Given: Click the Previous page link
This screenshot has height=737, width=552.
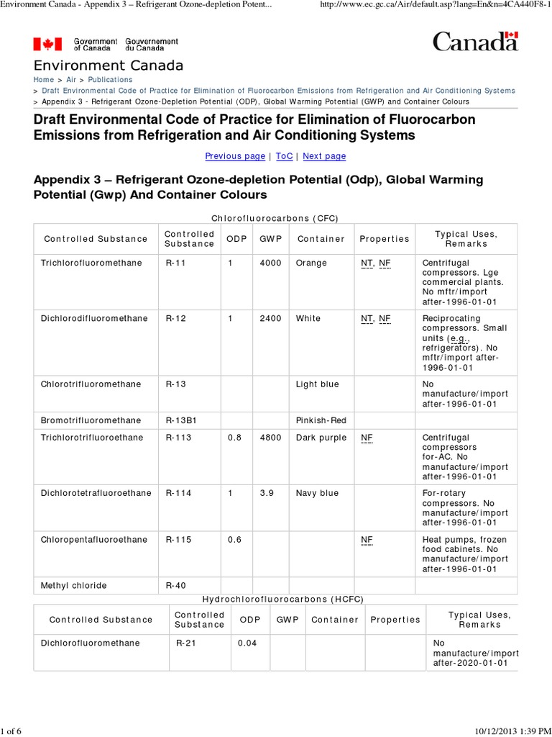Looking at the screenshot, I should point(235,156).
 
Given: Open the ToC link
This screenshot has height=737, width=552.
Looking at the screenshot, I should point(284,156).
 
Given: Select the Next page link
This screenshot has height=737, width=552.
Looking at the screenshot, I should point(324,156).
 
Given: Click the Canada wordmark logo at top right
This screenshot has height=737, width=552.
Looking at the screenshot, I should point(474,42).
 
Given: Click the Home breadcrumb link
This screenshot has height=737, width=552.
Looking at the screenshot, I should point(43,80).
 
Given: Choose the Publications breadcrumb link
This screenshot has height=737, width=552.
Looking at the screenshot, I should point(110,80).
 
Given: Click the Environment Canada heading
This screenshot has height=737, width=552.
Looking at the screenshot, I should point(108,65).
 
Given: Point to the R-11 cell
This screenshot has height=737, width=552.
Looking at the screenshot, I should point(175,263).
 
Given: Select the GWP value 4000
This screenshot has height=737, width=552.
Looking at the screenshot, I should point(270,263).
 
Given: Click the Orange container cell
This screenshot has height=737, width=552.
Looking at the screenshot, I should point(311,263).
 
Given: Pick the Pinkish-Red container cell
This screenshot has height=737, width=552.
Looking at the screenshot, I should point(321,420).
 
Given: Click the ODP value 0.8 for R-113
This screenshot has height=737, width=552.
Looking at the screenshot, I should point(234,438).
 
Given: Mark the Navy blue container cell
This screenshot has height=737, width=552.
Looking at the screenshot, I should point(317,493).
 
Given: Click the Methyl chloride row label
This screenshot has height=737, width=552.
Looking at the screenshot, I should point(73,586).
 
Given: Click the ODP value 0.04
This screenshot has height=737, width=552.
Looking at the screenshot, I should point(247,643).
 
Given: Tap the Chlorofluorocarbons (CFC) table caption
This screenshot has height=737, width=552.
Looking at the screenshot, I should point(275,217).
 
